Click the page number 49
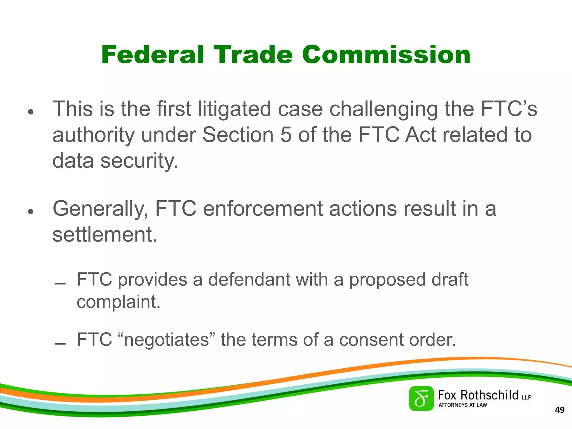click(x=560, y=410)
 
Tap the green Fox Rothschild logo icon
click(x=421, y=398)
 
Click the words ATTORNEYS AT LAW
click(x=463, y=405)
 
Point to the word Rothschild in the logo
click(x=489, y=395)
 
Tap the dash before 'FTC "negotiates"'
click(x=60, y=344)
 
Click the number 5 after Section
click(x=286, y=135)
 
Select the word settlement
click(x=105, y=235)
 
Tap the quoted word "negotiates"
click(x=166, y=340)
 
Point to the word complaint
click(x=118, y=302)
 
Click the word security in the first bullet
click(x=139, y=161)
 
